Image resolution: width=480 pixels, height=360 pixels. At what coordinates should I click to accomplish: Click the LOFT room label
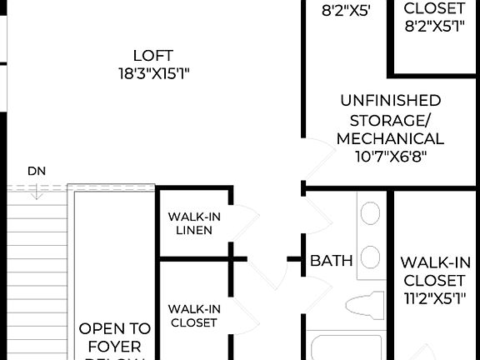[154, 56]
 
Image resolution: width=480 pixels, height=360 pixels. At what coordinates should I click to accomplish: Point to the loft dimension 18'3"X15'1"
[154, 73]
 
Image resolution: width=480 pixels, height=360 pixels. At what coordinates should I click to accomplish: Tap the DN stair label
[37, 171]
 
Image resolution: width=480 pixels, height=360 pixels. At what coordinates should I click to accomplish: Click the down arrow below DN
[37, 191]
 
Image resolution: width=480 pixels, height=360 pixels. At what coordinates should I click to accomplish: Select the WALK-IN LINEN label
[194, 223]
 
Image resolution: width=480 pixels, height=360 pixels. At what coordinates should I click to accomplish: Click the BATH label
[332, 261]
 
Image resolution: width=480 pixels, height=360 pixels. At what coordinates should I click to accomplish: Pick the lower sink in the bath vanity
[370, 256]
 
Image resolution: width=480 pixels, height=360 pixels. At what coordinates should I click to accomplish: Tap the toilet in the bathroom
[365, 305]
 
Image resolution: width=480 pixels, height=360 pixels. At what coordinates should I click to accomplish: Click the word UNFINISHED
[390, 100]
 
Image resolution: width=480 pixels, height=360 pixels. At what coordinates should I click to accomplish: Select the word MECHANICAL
[390, 138]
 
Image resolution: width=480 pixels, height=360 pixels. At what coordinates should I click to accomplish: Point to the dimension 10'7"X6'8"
[390, 157]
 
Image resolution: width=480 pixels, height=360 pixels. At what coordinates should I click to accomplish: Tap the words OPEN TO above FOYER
[115, 329]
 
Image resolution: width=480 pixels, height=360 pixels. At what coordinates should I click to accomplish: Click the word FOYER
[115, 347]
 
